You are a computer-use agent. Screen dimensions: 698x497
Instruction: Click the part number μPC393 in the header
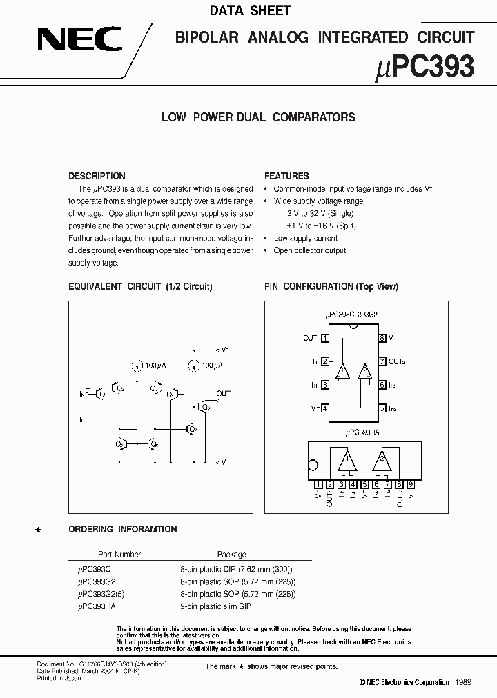point(426,67)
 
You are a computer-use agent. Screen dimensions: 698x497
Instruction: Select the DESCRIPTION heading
point(97,176)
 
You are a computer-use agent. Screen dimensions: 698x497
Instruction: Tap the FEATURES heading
point(286,176)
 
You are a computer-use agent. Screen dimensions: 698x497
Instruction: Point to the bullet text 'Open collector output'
point(310,250)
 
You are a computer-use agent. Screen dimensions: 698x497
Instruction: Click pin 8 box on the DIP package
point(381,338)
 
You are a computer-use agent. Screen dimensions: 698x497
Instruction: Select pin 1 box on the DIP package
point(324,338)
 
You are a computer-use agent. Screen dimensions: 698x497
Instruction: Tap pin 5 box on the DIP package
point(381,408)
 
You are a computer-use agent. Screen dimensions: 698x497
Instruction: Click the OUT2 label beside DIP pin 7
point(396,361)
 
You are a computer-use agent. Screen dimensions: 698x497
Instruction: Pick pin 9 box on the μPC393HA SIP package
point(411,483)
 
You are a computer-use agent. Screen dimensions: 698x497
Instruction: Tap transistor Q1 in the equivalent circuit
point(102,394)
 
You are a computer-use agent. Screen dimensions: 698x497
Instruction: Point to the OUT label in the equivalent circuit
point(223,394)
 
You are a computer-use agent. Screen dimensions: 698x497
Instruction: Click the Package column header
point(231,554)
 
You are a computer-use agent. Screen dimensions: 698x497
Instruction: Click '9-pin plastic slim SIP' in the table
point(215,606)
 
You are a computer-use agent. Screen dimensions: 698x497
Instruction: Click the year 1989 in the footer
point(463,681)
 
